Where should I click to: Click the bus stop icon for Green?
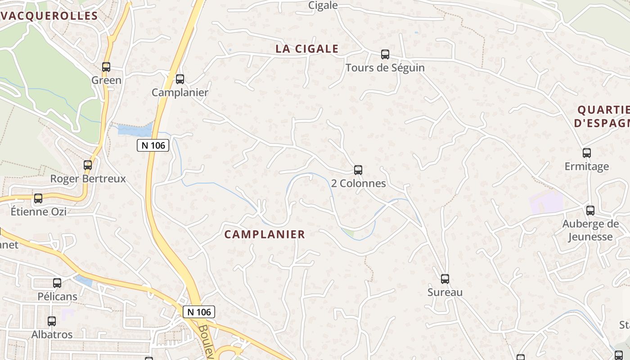coord(106,67)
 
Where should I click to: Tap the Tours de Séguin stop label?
coord(385,68)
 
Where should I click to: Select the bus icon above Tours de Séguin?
coord(385,54)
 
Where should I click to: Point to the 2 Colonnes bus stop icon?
coord(358,170)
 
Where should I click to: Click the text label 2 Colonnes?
coord(358,184)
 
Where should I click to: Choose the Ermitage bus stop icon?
coord(587,153)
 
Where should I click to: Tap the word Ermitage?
coord(587,166)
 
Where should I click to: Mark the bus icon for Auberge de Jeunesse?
coord(590,210)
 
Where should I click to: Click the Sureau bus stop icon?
coord(445,279)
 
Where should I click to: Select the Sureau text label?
coord(445,292)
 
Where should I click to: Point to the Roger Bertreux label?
coord(88,179)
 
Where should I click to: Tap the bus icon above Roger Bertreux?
coord(88,165)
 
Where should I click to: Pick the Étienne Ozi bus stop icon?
coord(38,198)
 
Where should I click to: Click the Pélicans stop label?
coord(57,297)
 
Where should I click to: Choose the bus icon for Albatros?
coord(52,321)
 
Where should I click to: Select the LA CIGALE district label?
coord(307,49)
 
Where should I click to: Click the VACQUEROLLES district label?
coord(49,16)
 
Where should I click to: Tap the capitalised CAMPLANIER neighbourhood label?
coord(265,234)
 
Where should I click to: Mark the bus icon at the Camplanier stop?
coord(180,79)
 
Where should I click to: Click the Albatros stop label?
coord(52,335)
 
